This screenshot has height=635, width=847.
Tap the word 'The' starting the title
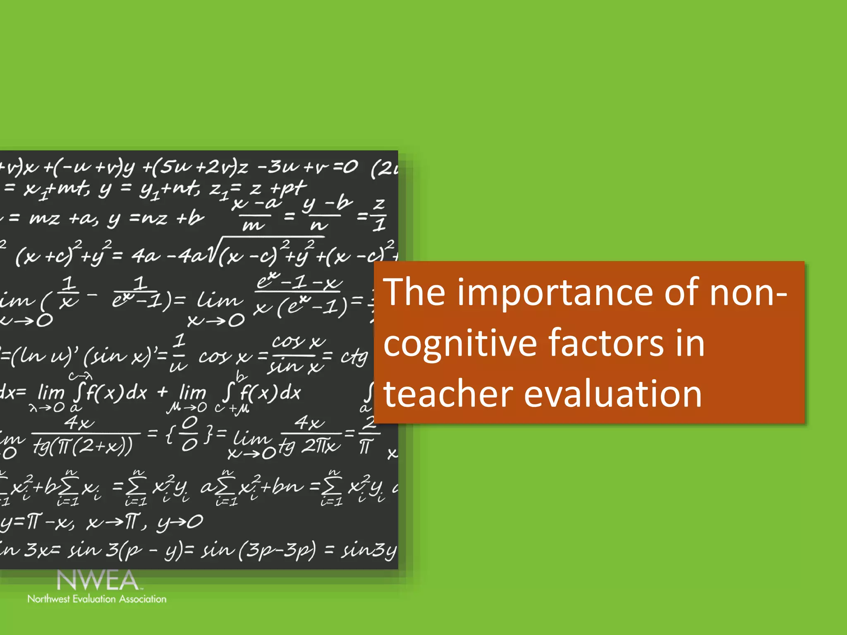pos(414,292)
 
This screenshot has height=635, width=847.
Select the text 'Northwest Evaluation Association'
pos(97,599)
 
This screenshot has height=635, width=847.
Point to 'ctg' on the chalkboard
pos(354,356)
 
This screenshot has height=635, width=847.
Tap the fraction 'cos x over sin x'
pos(297,355)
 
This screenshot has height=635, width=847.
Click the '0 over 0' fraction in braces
pos(190,434)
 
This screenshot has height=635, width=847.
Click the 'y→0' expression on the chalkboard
pos(180,523)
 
